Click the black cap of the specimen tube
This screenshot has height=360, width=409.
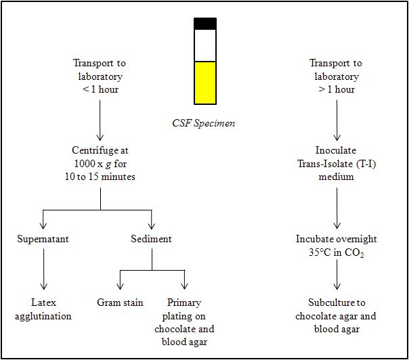[205, 24]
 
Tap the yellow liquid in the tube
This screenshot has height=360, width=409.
[205, 83]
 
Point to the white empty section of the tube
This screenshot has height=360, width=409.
[205, 45]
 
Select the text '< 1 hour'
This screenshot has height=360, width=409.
[100, 89]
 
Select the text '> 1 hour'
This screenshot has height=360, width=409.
[336, 89]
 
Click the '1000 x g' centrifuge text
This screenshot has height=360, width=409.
[100, 164]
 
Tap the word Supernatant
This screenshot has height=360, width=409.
[43, 239]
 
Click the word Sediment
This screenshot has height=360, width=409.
[151, 239]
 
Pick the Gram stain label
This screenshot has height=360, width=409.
[120, 302]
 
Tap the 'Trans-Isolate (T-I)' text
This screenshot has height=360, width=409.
[336, 164]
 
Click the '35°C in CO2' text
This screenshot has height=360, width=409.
[336, 252]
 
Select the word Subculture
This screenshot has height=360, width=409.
[336, 302]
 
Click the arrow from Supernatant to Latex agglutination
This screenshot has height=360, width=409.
[43, 270]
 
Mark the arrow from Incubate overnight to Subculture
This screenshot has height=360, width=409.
[336, 277]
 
